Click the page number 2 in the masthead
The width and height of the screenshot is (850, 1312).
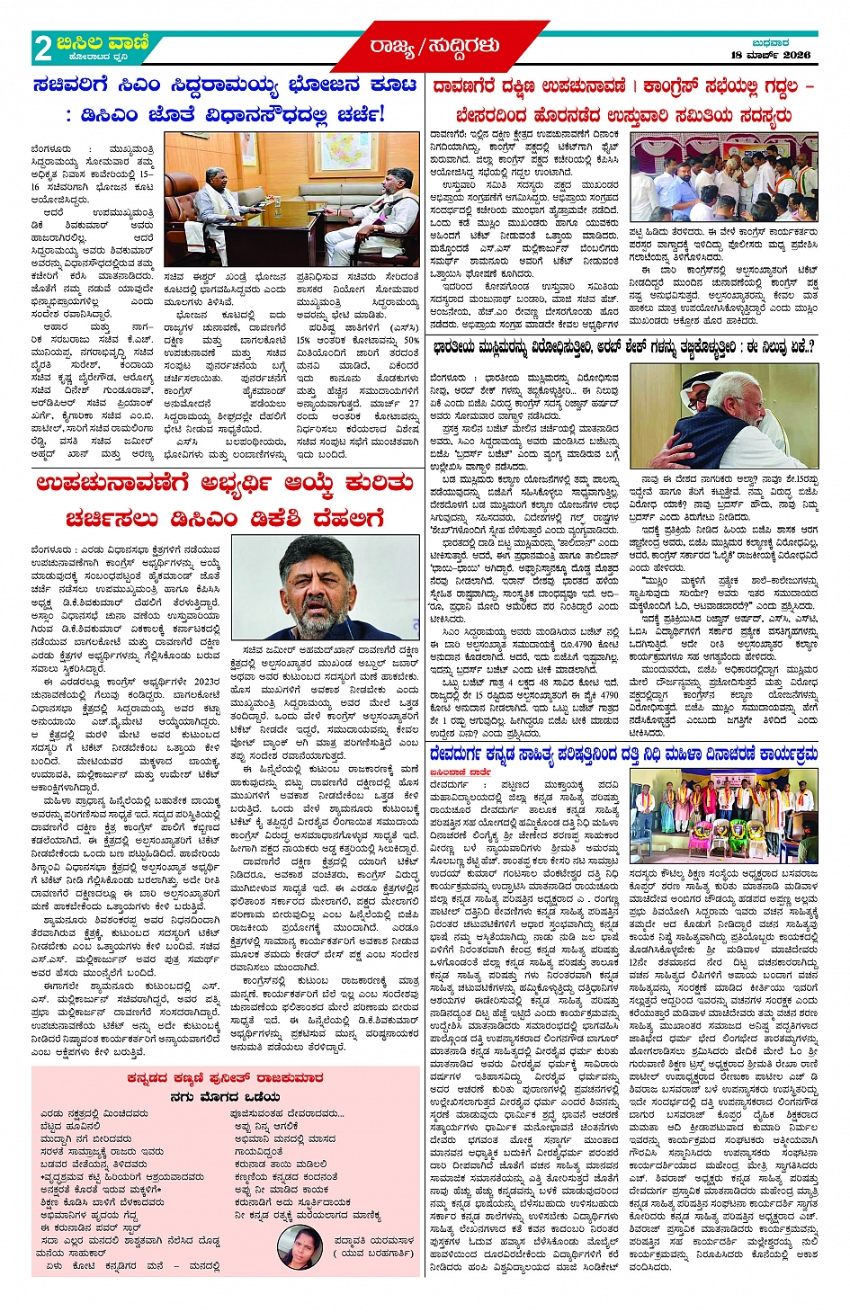click(42, 49)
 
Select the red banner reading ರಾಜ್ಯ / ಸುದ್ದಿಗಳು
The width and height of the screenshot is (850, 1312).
click(434, 46)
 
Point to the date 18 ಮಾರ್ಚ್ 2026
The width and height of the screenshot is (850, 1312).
click(770, 56)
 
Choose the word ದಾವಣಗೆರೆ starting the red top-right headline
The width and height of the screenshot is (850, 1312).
click(465, 87)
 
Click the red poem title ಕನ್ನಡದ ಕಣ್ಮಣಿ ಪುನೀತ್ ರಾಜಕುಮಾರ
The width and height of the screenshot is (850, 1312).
click(225, 1077)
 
